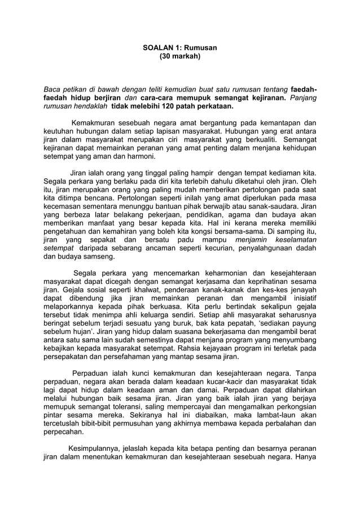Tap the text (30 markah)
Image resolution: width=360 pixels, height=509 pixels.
[179, 57]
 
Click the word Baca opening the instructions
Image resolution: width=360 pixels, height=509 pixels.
[53, 90]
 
